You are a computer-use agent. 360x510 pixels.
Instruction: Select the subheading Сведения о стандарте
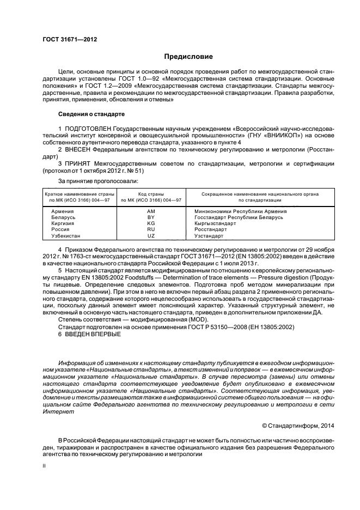coord(91,114)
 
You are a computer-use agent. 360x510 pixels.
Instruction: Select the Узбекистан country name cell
coord(65,236)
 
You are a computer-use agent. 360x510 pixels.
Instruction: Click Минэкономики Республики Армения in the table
coord(240,210)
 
